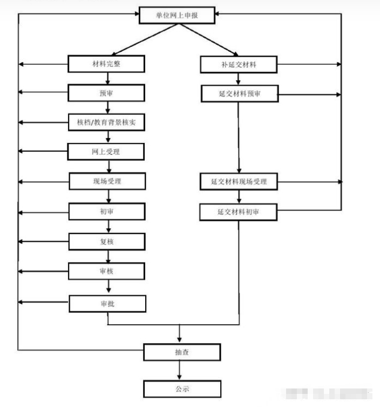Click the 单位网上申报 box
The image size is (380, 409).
177,16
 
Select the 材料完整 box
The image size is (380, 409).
106,64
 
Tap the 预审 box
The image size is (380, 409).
106,93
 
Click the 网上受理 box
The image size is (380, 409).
106,152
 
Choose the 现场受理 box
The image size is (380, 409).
107,181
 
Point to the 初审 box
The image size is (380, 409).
107,211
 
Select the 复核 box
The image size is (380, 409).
107,241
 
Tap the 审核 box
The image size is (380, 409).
107,270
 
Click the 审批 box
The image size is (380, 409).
107,304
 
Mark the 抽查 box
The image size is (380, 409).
182,352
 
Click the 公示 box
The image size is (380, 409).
182,388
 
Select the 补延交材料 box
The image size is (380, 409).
239,65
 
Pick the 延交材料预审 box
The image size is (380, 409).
240,94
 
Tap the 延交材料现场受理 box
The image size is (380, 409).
239,182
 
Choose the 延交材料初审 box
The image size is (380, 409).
239,212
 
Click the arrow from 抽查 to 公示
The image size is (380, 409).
180,371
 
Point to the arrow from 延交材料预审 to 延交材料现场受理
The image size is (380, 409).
239,138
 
